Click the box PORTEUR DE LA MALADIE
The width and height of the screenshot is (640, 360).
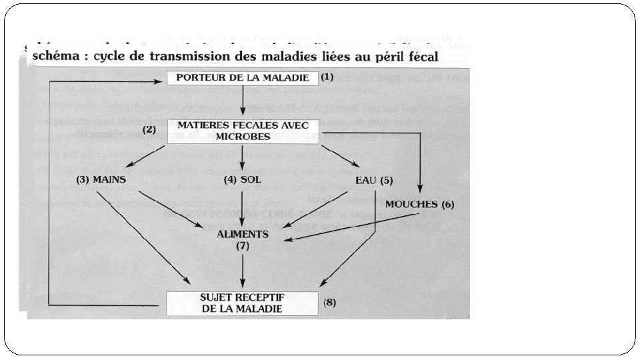pyautogui.click(x=243, y=78)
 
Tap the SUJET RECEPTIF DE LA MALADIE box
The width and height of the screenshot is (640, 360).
pyautogui.click(x=242, y=303)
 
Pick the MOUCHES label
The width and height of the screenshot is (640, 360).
pyautogui.click(x=411, y=204)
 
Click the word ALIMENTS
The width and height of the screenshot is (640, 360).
pyautogui.click(x=243, y=235)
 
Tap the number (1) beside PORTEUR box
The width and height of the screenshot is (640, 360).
pyautogui.click(x=327, y=77)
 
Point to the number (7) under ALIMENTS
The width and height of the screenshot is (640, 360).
pyautogui.click(x=243, y=246)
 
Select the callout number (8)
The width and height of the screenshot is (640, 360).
pyautogui.click(x=330, y=302)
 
